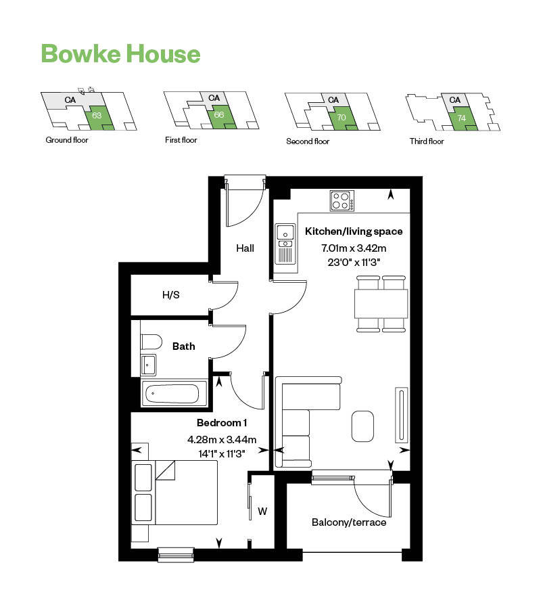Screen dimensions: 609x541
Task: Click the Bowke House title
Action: point(120,53)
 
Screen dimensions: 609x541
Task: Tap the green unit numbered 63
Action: point(97,116)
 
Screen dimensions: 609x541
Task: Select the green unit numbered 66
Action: point(218,114)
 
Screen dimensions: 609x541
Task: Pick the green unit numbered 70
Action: point(341,117)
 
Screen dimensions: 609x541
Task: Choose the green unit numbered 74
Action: point(461,118)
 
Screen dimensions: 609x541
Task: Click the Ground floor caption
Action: point(66,141)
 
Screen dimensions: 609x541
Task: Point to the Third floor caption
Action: point(427,141)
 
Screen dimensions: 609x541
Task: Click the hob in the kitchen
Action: point(342,200)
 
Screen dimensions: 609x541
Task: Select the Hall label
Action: point(245,248)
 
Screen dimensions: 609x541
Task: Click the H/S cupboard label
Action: point(170,295)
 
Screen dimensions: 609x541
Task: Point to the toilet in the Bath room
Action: point(150,340)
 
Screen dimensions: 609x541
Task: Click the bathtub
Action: point(173,393)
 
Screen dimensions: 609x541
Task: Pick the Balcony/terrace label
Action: point(349,522)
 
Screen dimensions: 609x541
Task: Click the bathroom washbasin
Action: point(149,365)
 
